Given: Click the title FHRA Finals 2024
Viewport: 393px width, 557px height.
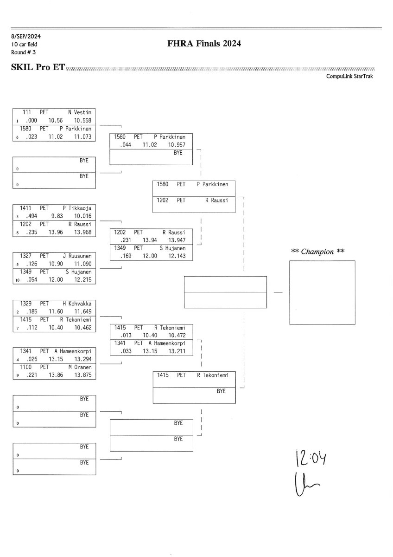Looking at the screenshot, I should (x=204, y=44).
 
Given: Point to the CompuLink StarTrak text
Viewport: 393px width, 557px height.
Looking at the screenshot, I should (x=349, y=77).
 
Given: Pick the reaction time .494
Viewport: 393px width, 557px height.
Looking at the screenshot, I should (x=31, y=216).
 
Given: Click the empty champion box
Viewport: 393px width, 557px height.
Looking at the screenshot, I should (x=322, y=292).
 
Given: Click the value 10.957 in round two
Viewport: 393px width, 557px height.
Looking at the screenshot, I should (x=176, y=145).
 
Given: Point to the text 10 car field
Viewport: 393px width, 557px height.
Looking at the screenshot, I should (x=25, y=44).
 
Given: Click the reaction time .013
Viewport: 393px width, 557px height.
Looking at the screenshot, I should (x=126, y=335).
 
